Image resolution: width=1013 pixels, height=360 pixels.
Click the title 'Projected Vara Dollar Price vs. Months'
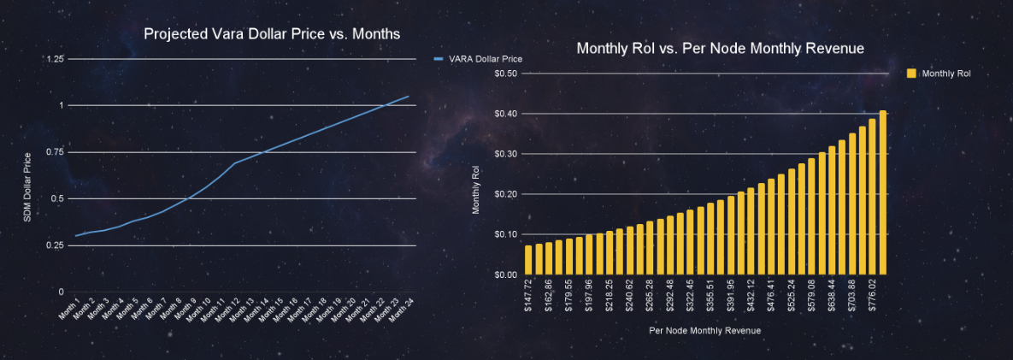pos(272,34)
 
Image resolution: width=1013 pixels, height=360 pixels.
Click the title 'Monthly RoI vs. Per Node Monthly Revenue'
pos(720,49)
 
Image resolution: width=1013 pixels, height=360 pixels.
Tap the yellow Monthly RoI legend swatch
pos(911,74)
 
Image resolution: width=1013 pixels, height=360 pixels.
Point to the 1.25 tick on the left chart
pos(55,59)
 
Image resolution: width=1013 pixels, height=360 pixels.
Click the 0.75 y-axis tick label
pos(55,152)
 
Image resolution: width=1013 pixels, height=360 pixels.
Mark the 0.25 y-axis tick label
pos(55,245)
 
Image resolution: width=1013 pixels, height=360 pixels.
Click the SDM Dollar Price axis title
pos(27,186)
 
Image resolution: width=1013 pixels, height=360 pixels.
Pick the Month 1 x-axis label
pos(73,307)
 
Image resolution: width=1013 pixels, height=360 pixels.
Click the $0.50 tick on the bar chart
pos(506,74)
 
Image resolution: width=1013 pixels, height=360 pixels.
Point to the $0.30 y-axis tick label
pos(506,154)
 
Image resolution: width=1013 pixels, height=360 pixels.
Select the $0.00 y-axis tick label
pos(506,274)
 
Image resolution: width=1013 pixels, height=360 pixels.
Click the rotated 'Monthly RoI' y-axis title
pos(477,190)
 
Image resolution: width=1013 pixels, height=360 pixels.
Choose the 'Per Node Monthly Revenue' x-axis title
pos(704,330)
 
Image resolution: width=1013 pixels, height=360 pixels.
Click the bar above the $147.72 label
pos(528,260)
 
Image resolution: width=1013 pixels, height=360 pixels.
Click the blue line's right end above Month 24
pos(409,97)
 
